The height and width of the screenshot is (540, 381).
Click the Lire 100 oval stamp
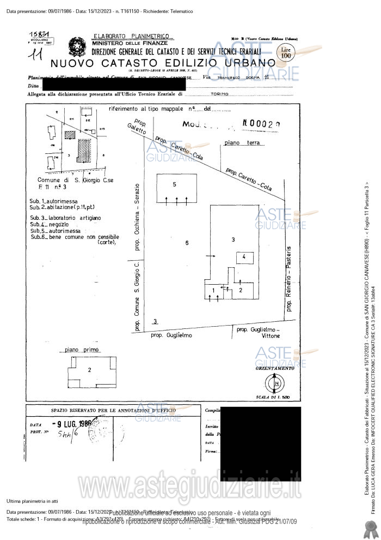(286, 53)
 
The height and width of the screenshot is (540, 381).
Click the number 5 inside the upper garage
(174, 184)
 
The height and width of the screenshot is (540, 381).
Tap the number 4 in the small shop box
(244, 256)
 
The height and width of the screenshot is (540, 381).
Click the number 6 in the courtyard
(186, 243)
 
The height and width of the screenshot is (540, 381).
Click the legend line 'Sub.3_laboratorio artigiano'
(66, 218)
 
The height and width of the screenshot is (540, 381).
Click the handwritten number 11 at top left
(38, 55)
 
